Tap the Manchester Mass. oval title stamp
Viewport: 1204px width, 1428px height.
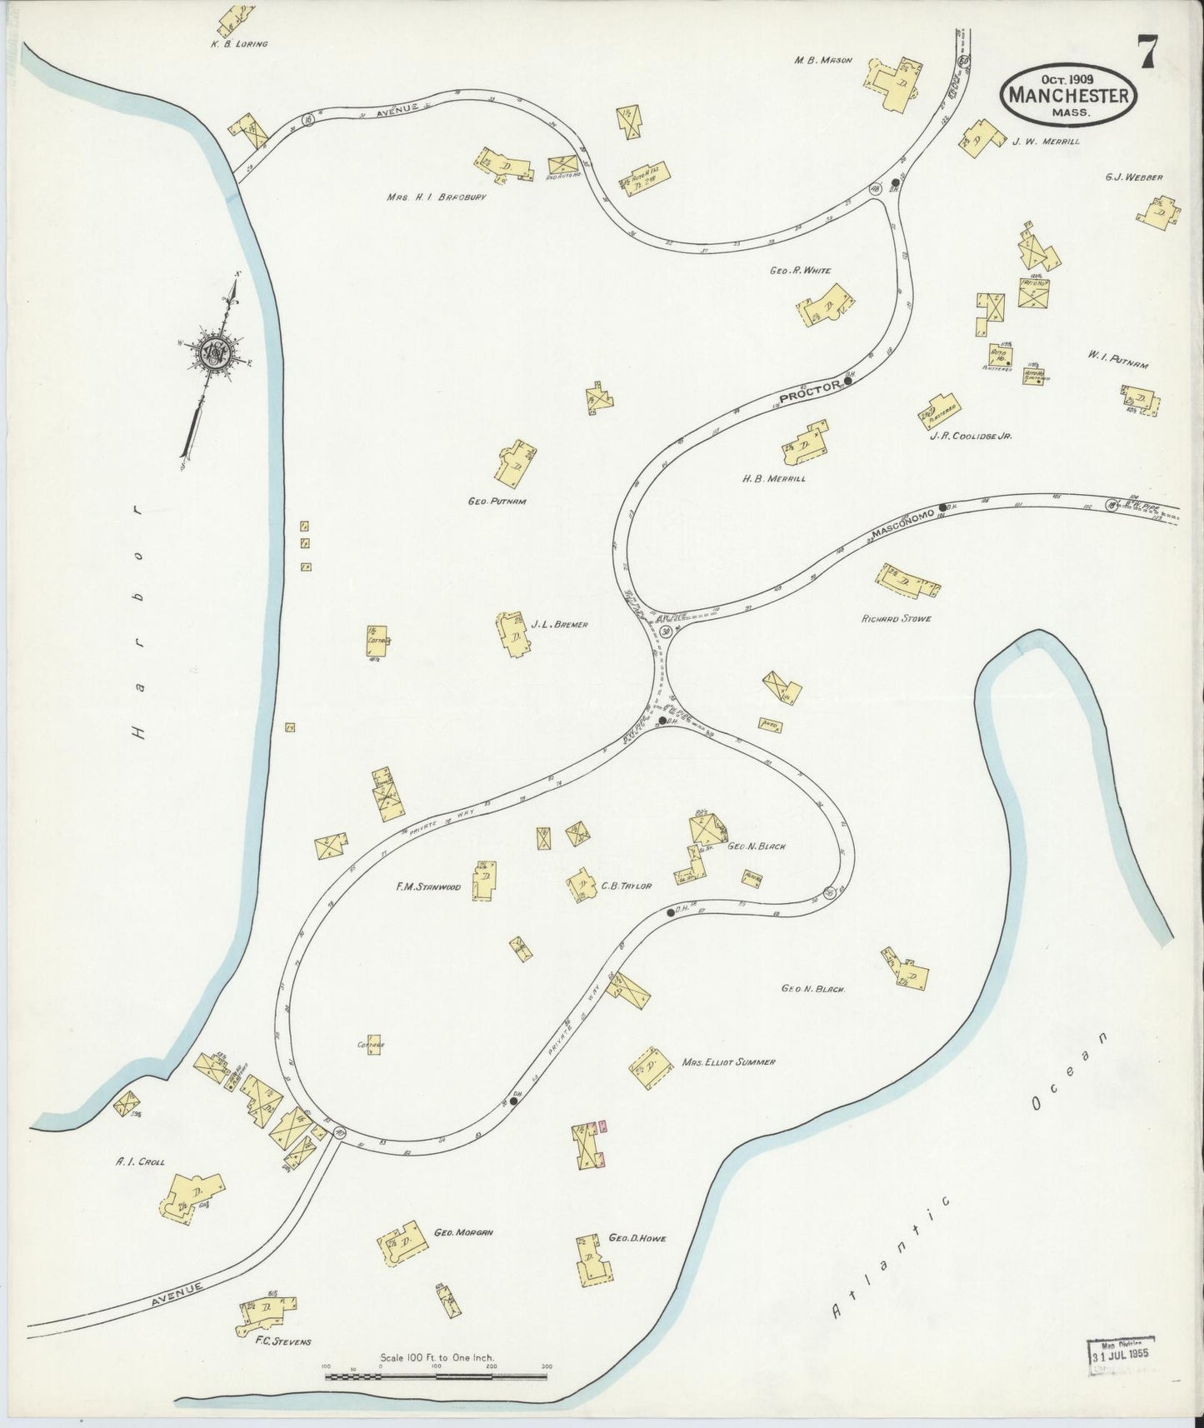click(1070, 95)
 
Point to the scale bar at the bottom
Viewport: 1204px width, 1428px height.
click(436, 1376)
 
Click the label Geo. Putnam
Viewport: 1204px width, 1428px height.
click(497, 502)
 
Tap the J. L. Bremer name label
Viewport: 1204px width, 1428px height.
click(559, 624)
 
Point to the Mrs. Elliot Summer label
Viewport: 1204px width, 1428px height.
click(728, 1062)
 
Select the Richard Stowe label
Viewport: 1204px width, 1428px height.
click(896, 619)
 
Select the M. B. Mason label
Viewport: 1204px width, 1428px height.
click(823, 60)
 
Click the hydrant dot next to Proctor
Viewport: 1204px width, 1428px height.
click(848, 382)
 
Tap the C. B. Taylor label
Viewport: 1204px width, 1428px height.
click(626, 886)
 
